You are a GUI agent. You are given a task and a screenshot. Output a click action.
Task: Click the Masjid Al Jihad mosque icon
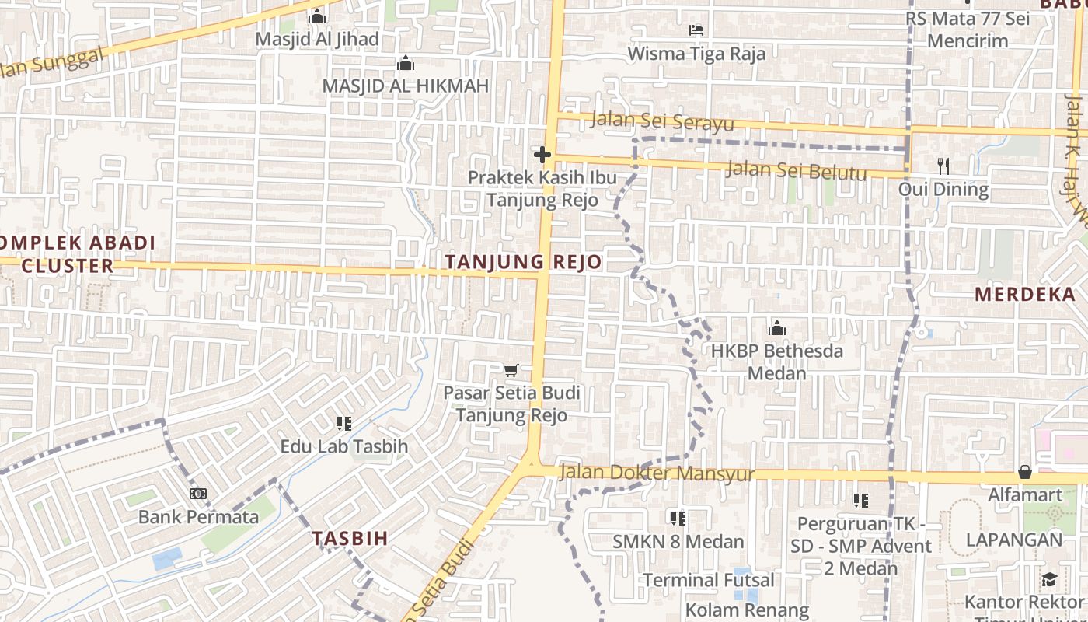pos(316,16)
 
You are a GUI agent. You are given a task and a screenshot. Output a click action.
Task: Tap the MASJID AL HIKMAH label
pos(405,86)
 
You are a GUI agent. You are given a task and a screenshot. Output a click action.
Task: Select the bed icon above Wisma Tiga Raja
pos(696,30)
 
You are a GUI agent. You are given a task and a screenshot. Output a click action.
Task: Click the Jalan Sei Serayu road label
pos(662,122)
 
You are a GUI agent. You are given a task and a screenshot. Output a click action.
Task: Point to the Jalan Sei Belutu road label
pos(795,169)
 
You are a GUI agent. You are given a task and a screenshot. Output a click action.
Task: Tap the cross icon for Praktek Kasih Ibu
pos(542,155)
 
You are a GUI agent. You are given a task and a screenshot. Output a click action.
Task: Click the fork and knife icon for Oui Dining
pos(943,166)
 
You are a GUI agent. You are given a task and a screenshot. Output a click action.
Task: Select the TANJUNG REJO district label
pos(524,262)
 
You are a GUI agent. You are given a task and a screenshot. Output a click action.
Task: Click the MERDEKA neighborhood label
pos(1024,294)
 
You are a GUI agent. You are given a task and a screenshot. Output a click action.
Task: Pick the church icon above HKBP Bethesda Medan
pos(776,328)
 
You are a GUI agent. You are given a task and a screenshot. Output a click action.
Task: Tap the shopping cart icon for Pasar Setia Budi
pos(511,370)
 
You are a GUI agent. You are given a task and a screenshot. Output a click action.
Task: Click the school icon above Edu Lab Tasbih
pos(343,424)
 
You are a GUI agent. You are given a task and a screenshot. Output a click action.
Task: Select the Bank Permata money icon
pos(198,494)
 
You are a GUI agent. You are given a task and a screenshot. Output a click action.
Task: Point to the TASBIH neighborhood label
pos(350,538)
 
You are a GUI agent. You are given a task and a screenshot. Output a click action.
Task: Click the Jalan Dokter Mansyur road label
pos(657,473)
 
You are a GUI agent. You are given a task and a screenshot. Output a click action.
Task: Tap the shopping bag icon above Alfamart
pos(1025,472)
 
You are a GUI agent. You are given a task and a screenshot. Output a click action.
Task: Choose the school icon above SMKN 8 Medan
pos(678,518)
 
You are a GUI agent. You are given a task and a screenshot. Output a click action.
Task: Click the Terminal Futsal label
pos(709,580)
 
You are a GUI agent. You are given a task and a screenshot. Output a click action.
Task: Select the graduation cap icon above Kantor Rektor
pos(1048,579)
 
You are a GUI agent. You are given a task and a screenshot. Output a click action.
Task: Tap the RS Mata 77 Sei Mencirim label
pos(968,30)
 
